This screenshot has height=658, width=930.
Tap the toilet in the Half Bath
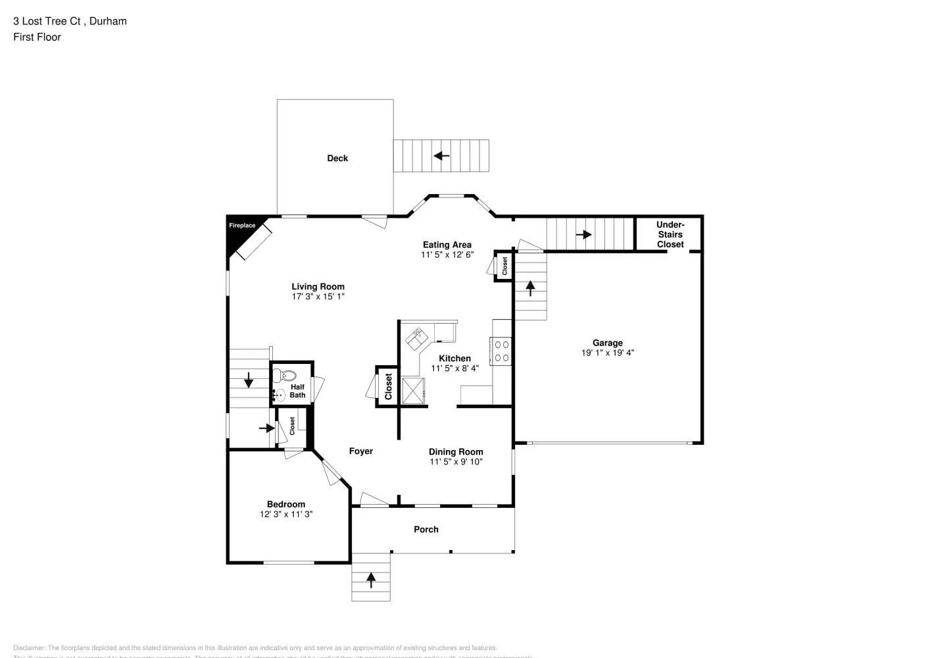click(287, 376)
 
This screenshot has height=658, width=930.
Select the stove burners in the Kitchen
click(502, 351)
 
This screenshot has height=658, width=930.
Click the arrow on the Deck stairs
click(441, 156)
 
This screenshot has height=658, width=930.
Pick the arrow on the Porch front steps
click(371, 580)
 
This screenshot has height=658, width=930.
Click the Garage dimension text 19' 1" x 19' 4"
click(607, 353)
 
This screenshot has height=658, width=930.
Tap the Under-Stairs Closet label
click(670, 234)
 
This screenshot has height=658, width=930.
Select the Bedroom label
click(286, 504)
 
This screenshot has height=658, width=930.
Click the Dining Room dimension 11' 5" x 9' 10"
click(456, 462)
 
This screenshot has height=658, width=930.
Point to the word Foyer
click(360, 451)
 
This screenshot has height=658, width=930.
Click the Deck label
click(337, 158)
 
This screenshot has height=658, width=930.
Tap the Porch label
click(426, 529)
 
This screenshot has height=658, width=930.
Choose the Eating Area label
click(447, 245)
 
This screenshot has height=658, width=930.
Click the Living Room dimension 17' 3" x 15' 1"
click(318, 297)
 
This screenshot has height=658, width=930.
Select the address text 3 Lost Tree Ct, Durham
click(70, 21)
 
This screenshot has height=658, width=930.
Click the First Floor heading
click(37, 37)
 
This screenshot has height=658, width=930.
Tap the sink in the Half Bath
click(280, 395)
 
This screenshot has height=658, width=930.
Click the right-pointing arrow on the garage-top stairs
click(583, 234)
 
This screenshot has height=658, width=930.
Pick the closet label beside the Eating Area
click(504, 266)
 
